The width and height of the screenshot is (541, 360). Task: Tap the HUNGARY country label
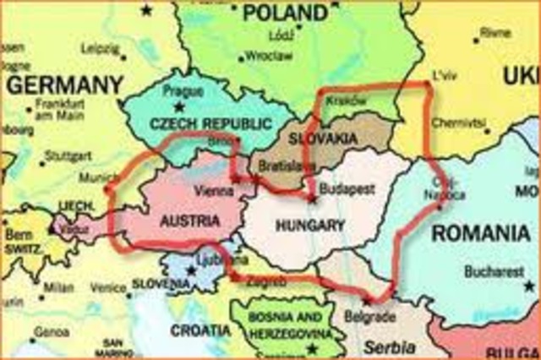tap(310, 226)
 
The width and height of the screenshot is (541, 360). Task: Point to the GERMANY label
tap(64, 85)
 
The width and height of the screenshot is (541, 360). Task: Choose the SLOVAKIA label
tap(322, 138)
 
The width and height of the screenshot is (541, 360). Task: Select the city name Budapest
tap(347, 188)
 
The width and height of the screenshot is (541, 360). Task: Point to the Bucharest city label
tap(494, 272)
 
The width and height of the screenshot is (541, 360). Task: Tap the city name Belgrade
tap(370, 318)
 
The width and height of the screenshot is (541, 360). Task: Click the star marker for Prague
tap(178, 106)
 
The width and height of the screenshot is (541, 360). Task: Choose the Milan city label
tap(58, 288)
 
